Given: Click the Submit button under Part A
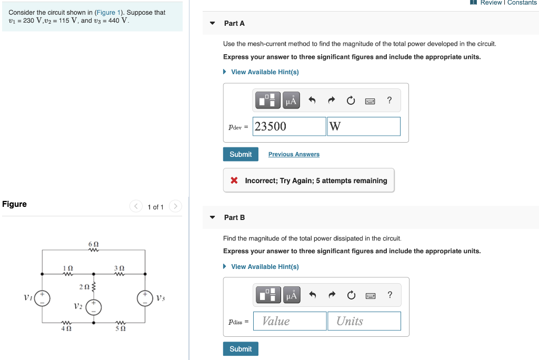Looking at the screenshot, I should point(241,154).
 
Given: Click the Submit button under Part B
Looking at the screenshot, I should point(241,349).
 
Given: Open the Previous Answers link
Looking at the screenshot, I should point(294,154).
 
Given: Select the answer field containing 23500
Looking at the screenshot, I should point(289,126).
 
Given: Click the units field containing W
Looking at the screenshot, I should point(363,126).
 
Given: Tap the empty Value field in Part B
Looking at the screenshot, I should point(290,321).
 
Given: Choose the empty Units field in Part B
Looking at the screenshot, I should point(364,321).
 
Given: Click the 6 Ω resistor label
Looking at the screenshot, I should point(94,245).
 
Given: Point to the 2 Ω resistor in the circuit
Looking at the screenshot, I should point(94,287).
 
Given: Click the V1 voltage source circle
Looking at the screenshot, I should point(43,298).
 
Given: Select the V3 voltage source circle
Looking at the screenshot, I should point(145,298).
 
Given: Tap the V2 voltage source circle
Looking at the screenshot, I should point(94,307).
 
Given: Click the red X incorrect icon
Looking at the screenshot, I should point(234,181).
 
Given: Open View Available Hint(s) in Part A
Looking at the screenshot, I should point(265,72).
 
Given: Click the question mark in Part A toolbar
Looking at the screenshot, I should point(389,100).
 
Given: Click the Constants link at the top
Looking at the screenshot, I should point(522,3).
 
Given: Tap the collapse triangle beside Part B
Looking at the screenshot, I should point(213,217).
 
